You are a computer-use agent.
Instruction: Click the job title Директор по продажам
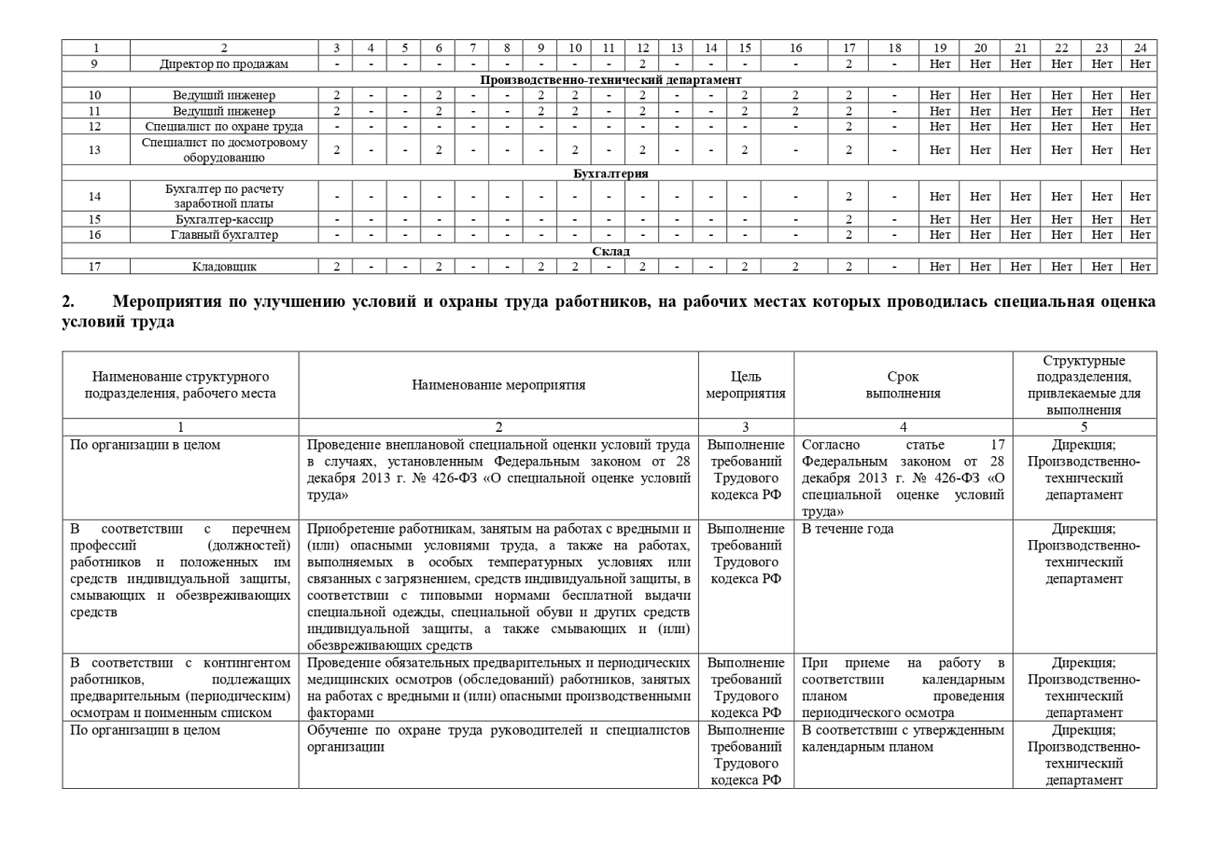pyautogui.click(x=224, y=63)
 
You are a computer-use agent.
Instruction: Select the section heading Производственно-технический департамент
pyautogui.click(x=610, y=79)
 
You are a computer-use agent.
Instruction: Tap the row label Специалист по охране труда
pyautogui.click(x=224, y=126)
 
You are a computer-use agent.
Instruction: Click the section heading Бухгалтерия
pyautogui.click(x=610, y=173)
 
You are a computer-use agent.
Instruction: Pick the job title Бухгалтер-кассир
pyautogui.click(x=224, y=219)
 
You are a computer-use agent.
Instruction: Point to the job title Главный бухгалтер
pyautogui.click(x=224, y=235)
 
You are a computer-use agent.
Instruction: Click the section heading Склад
pyautogui.click(x=610, y=251)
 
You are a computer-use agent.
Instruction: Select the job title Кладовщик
pyautogui.click(x=224, y=267)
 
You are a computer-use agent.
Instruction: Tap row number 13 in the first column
pyautogui.click(x=95, y=149)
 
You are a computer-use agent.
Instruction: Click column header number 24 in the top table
pyautogui.click(x=1140, y=48)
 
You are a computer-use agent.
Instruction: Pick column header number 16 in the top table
pyautogui.click(x=795, y=48)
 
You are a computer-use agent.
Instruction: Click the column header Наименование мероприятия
pyautogui.click(x=498, y=384)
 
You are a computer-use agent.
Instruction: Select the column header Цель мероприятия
pyautogui.click(x=747, y=384)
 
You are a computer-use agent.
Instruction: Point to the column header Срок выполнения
pyautogui.click(x=903, y=384)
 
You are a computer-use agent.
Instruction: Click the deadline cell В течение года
pyautogui.click(x=848, y=529)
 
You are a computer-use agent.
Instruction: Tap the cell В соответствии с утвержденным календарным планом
pyautogui.click(x=902, y=739)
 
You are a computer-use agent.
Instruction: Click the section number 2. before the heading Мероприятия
pyautogui.click(x=68, y=301)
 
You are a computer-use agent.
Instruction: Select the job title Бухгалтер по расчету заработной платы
pyautogui.click(x=224, y=196)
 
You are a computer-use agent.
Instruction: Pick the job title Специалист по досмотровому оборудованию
pyautogui.click(x=224, y=149)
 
